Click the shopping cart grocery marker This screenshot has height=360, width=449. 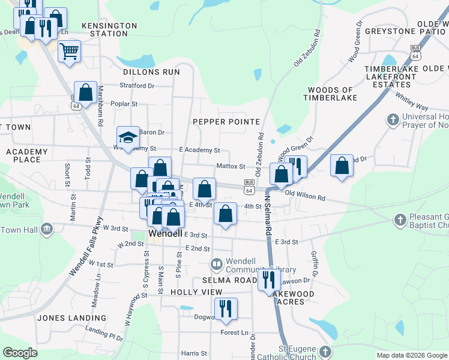click(70, 51)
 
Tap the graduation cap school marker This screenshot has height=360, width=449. click(128, 139)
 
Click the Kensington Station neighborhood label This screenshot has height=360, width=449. click(109, 30)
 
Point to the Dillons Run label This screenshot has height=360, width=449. click(151, 72)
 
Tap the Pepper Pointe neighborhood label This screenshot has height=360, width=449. click(226, 122)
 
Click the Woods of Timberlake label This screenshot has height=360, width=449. click(330, 94)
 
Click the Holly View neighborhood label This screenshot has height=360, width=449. click(196, 292)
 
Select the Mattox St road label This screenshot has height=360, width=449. click(231, 167)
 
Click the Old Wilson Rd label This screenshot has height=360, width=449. click(305, 196)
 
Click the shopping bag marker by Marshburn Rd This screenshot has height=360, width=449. click(85, 93)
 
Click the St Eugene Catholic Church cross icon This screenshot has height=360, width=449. click(325, 352)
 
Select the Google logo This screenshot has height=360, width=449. click(20, 353)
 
